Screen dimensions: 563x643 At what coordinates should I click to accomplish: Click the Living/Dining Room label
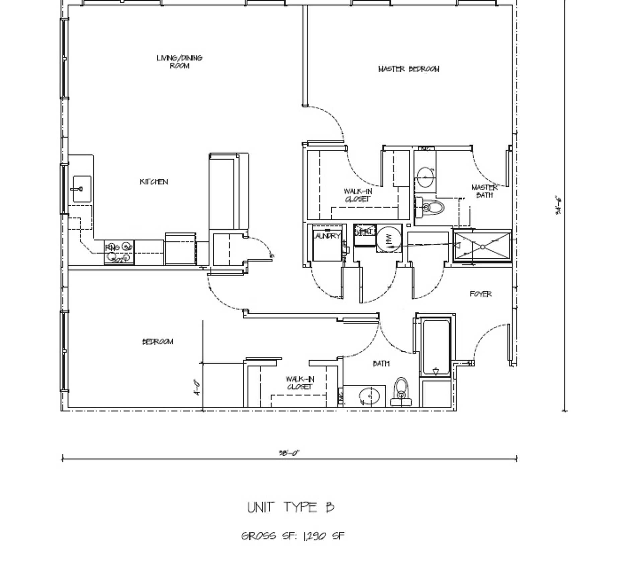click(x=180, y=62)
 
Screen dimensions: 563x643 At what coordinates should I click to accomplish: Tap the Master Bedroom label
click(x=409, y=69)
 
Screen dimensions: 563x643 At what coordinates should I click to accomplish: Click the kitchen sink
click(x=82, y=189)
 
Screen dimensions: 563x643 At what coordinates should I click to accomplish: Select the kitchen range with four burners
click(x=119, y=252)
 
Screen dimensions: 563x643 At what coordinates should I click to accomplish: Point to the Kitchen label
click(x=154, y=182)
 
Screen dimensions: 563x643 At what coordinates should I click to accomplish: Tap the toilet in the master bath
click(x=432, y=207)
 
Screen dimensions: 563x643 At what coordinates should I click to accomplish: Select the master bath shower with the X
click(x=482, y=247)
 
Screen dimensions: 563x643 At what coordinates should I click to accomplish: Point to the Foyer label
click(x=481, y=294)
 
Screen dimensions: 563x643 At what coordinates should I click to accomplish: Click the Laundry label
click(x=327, y=236)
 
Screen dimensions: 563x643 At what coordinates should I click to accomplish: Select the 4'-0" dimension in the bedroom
click(x=198, y=387)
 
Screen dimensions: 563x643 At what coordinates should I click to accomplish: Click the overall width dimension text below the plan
click(x=289, y=453)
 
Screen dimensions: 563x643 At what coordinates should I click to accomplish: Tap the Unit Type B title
click(x=291, y=507)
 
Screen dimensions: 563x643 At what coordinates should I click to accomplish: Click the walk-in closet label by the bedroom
click(x=300, y=383)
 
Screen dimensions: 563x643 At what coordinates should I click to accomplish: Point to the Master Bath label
click(x=484, y=191)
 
